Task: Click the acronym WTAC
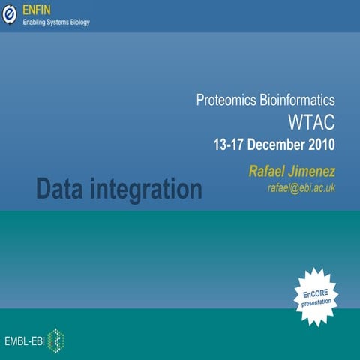coord(311,121)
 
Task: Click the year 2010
coord(320,144)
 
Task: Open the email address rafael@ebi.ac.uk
coord(301,188)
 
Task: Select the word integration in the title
coord(151,190)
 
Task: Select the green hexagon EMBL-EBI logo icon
coord(55,341)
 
